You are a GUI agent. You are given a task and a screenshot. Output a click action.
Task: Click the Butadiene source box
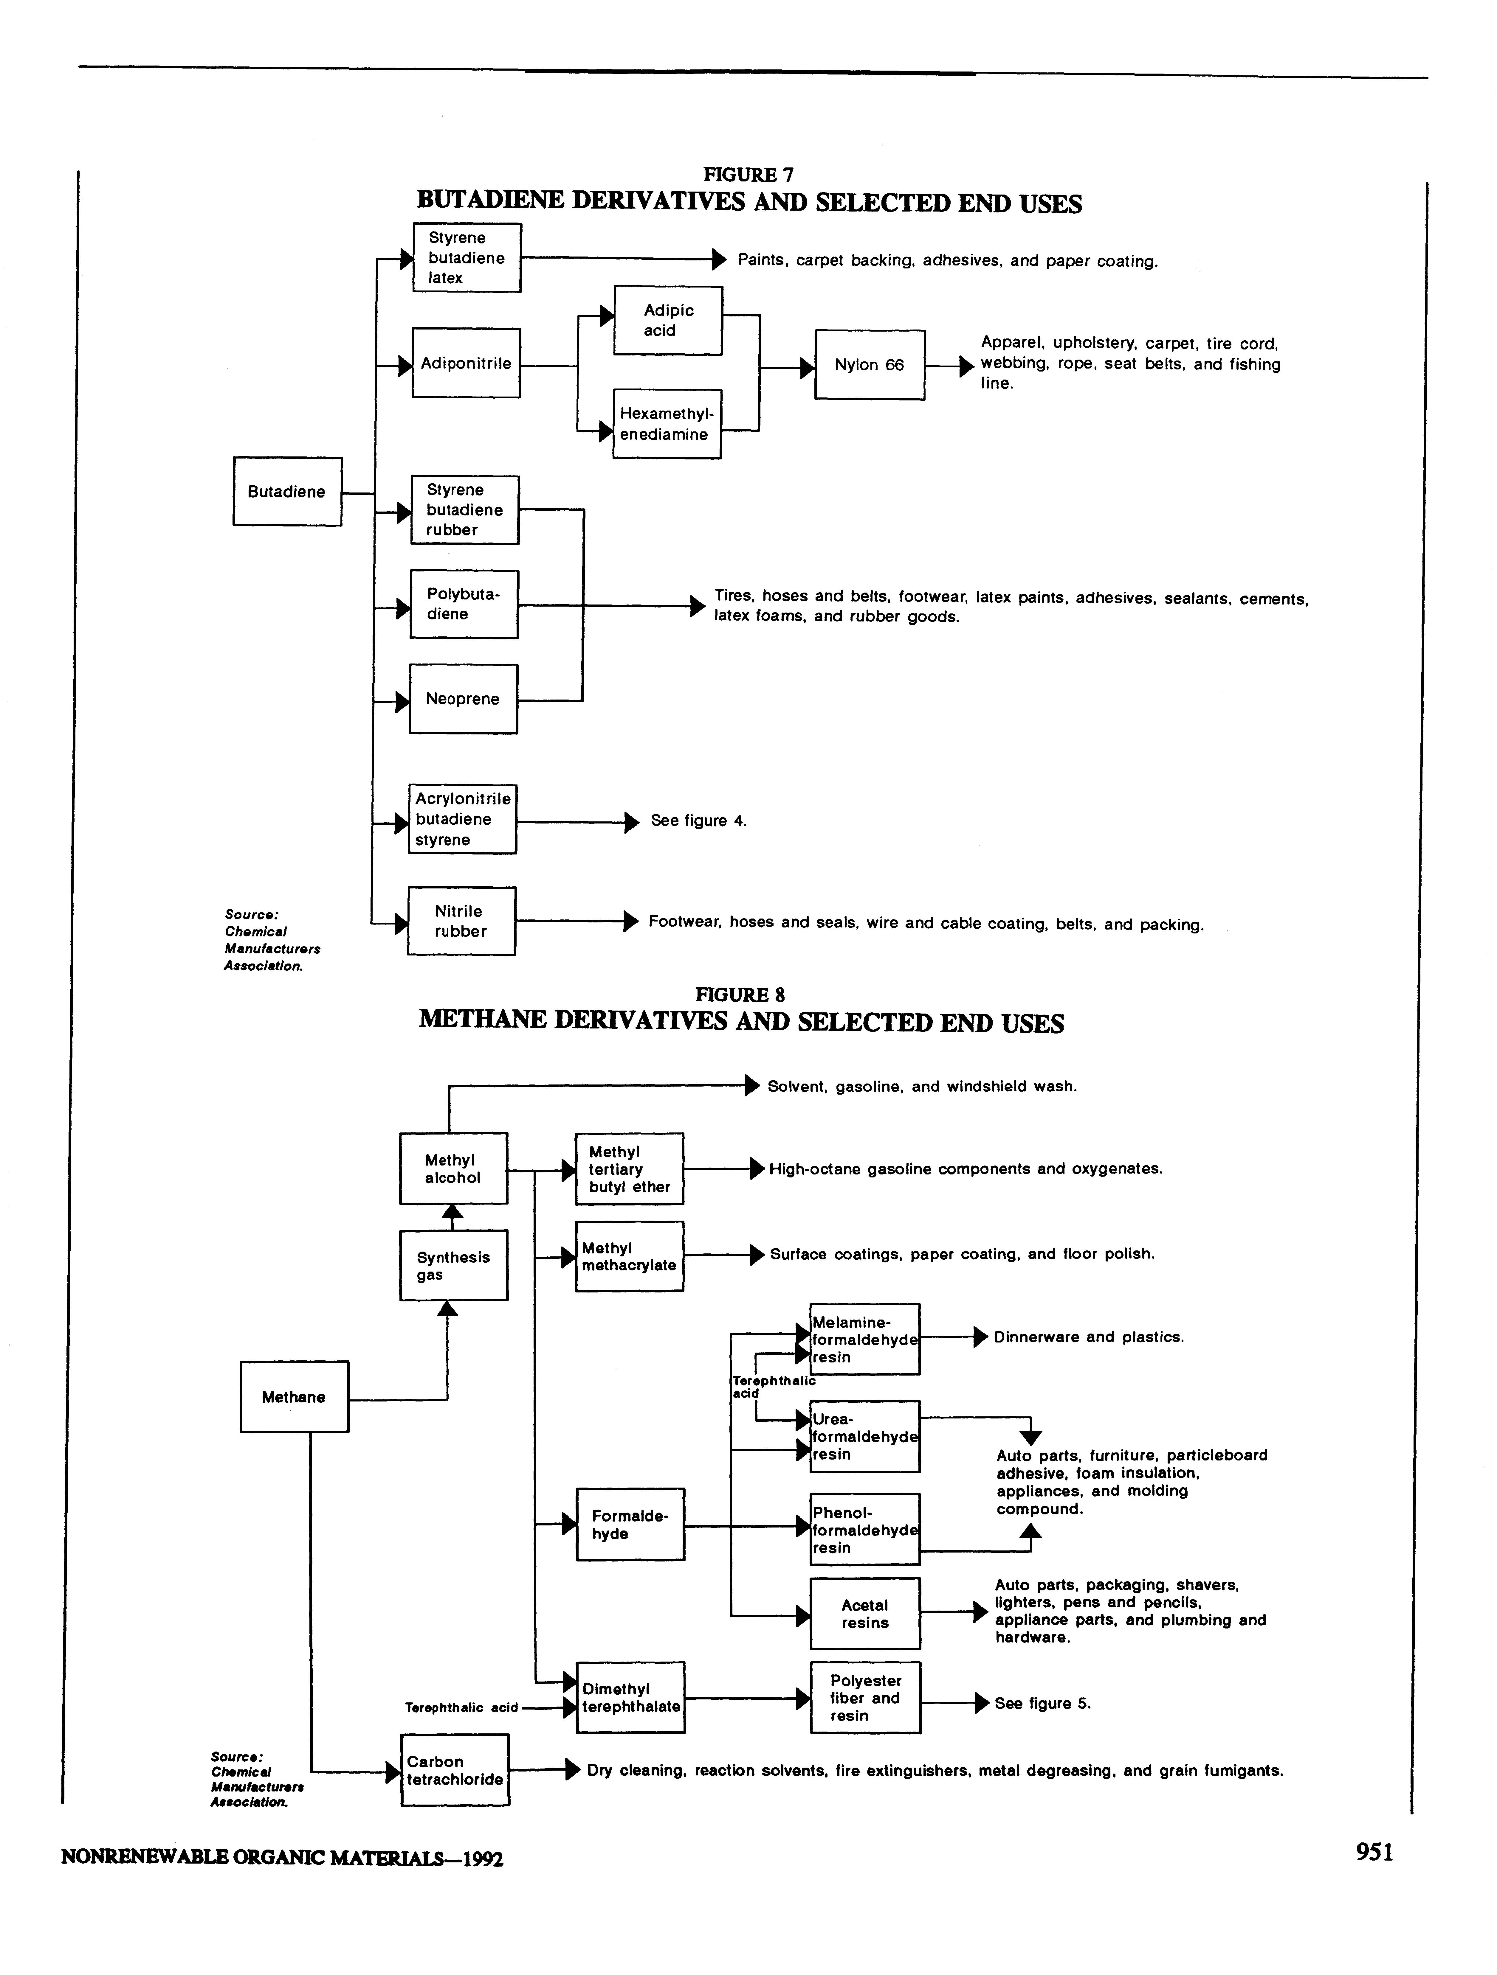[x=287, y=492]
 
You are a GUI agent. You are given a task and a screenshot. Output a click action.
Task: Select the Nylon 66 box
[x=869, y=365]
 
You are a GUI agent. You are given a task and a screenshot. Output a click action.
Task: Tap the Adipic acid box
[x=668, y=321]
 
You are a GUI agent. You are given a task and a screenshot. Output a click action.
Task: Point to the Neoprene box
[x=463, y=699]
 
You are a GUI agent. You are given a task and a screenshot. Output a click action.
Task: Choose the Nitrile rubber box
[x=461, y=922]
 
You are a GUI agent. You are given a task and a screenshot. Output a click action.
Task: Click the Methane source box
[x=294, y=1397]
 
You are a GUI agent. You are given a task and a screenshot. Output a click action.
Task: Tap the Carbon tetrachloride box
[x=455, y=1771]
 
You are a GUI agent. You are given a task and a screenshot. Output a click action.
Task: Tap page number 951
[x=1374, y=1853]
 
